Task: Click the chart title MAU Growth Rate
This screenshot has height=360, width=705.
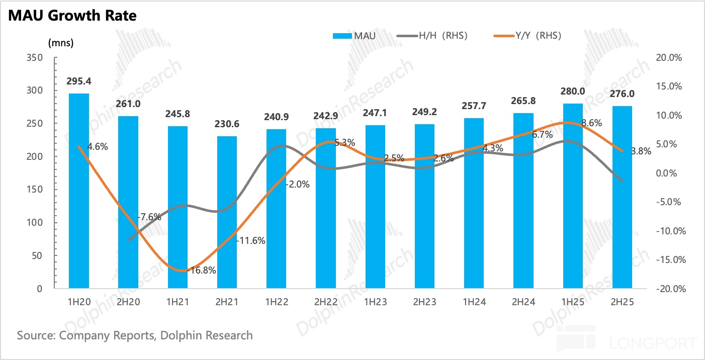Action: pos(71,15)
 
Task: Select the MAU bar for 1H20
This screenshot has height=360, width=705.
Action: pos(79,191)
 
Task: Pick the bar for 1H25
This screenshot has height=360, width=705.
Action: pos(573,196)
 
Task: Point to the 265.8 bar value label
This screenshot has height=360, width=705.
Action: pos(523,101)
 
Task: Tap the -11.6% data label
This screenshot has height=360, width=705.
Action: pos(251,241)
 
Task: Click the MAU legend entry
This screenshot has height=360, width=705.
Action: pos(354,36)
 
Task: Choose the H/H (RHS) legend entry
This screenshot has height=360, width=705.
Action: pos(433,36)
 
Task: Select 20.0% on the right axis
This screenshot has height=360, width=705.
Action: pos(669,58)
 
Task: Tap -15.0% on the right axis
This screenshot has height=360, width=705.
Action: pos(668,260)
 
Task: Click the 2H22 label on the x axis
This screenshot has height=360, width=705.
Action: pos(326,302)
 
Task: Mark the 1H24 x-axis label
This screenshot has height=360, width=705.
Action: pos(474,302)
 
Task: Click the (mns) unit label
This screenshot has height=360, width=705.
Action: pos(61,43)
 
